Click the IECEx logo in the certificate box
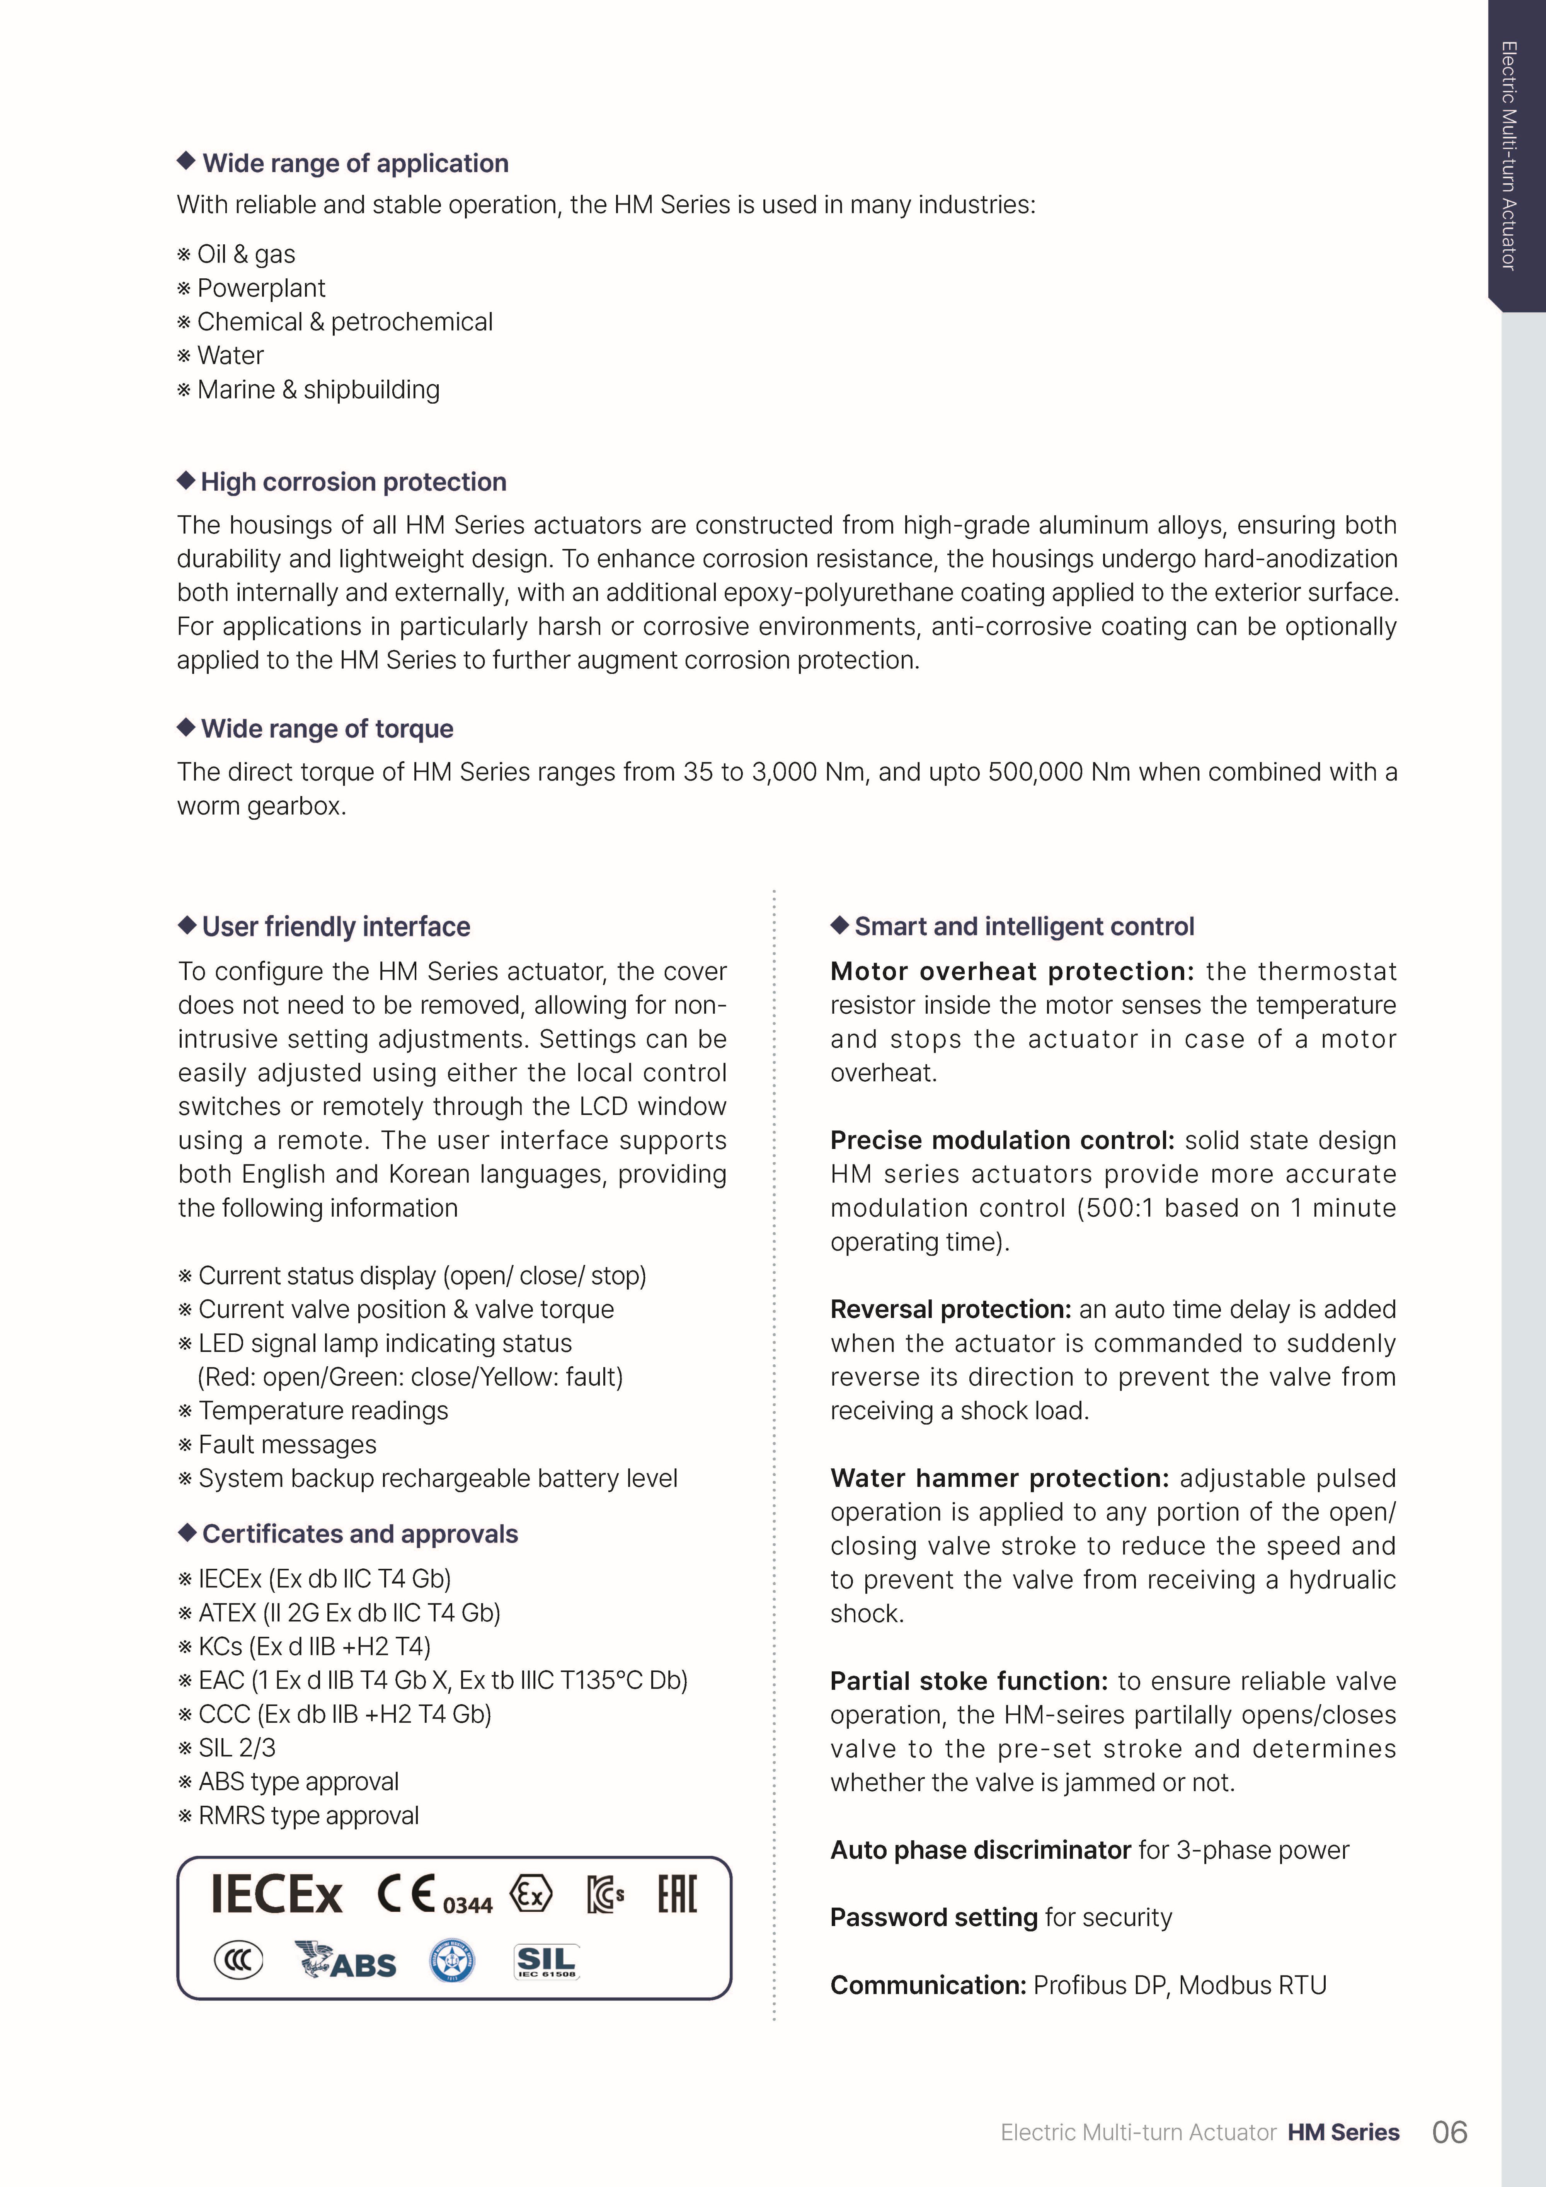coord(276,1895)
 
